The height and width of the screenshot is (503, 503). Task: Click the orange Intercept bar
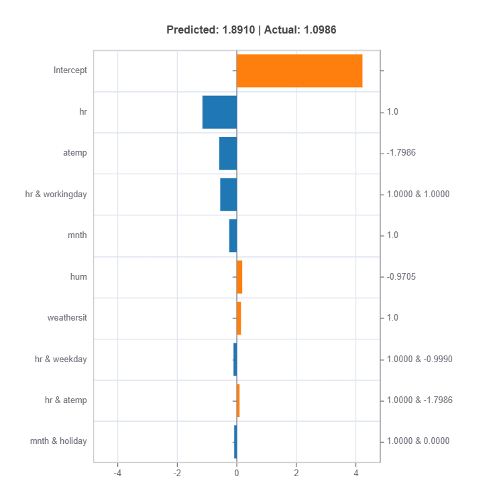tap(300, 70)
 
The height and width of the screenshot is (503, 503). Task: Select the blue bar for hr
tap(220, 112)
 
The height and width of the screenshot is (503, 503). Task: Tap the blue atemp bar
tap(228, 153)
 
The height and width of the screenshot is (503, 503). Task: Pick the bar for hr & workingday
tap(229, 194)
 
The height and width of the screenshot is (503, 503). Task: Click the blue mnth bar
tap(233, 235)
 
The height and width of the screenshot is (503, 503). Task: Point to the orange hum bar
tap(239, 277)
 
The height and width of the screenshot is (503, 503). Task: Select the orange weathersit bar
tap(239, 318)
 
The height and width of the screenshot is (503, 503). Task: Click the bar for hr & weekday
tap(235, 359)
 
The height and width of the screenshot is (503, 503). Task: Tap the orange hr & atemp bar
tap(238, 400)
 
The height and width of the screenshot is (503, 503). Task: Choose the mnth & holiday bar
tap(235, 442)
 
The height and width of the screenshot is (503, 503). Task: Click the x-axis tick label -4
tap(117, 473)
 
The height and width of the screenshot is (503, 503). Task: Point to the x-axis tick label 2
tap(296, 473)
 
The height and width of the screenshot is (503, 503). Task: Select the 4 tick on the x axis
tap(355, 473)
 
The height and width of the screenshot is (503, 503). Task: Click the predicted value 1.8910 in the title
tap(238, 30)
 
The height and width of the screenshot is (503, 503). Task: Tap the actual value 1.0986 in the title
tap(320, 30)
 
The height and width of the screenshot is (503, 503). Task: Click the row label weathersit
tap(67, 318)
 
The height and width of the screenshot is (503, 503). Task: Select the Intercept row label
tap(70, 70)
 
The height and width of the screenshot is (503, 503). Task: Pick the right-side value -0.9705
tap(401, 276)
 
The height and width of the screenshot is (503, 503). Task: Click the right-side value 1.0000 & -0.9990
tap(420, 359)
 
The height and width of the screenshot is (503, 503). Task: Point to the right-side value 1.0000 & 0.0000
tap(418, 441)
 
